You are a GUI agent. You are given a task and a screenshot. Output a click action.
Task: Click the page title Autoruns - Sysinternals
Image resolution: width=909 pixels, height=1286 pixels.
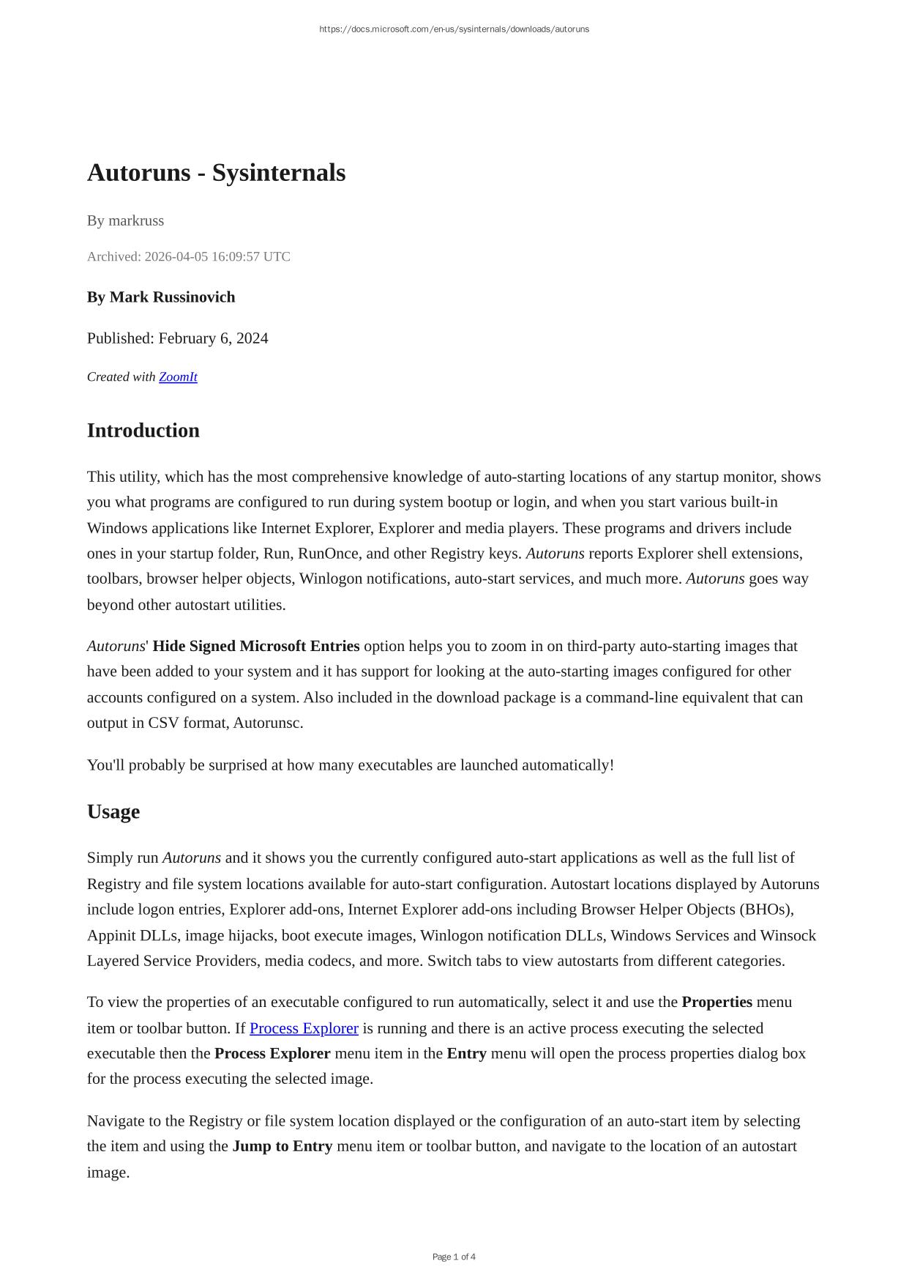216,173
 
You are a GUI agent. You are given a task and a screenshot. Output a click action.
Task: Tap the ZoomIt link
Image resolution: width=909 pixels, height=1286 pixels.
178,377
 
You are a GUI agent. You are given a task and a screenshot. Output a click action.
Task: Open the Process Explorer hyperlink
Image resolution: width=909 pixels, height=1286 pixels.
304,1028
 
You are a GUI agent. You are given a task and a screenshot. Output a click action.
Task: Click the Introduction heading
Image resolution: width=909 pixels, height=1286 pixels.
143,431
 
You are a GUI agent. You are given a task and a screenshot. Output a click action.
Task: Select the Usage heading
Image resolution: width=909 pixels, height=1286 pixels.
113,812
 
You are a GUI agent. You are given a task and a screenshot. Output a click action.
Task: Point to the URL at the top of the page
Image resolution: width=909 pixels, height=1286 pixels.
454,29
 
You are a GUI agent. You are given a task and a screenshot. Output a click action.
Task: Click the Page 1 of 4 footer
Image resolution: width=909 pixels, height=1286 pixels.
454,1257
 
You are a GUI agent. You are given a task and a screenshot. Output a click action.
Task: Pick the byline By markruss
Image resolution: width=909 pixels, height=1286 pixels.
125,220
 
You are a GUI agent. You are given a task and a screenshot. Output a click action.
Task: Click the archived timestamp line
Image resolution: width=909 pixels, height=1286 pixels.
188,256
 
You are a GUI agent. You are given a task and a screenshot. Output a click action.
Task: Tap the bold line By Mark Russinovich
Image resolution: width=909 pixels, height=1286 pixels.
161,297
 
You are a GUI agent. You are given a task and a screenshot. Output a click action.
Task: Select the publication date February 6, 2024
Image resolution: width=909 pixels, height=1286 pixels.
213,338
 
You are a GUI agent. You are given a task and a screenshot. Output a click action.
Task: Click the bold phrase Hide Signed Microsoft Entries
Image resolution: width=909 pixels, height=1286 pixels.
256,647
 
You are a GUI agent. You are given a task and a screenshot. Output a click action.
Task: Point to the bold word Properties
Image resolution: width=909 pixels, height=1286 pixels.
717,1002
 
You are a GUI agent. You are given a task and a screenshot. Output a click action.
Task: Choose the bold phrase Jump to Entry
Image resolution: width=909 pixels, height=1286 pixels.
282,1146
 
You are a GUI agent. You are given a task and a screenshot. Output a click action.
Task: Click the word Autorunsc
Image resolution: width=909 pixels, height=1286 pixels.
268,723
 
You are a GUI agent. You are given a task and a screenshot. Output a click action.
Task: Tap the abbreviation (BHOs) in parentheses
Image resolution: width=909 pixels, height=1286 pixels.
766,910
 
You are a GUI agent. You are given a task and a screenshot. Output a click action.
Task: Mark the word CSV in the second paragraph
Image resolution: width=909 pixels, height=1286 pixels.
163,723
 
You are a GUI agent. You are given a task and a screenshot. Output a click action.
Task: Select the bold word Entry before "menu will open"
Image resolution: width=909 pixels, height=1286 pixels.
466,1054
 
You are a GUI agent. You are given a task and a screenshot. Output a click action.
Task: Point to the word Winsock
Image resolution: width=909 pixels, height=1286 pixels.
788,936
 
